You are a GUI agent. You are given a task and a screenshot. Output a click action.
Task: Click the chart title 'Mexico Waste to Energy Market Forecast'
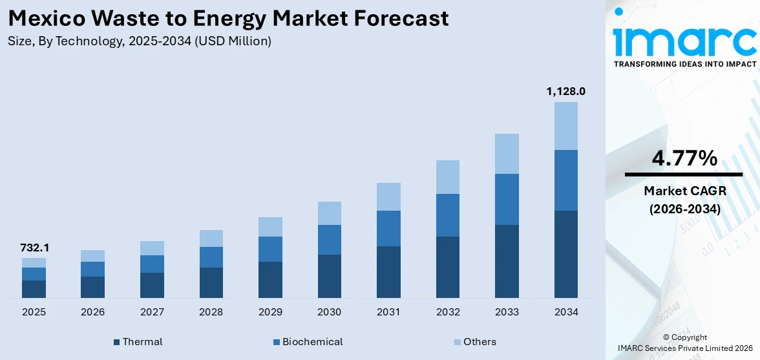pyautogui.click(x=229, y=18)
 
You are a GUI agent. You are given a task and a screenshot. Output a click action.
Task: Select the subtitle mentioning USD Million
pyautogui.click(x=140, y=41)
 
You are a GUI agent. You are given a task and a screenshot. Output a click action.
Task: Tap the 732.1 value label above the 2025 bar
pyautogui.click(x=34, y=248)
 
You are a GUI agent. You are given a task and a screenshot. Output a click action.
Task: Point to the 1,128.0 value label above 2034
pyautogui.click(x=565, y=91)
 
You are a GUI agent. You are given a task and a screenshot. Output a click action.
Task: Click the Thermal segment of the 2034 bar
pyautogui.click(x=565, y=254)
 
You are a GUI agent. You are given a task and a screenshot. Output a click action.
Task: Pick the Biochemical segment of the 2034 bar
pyautogui.click(x=565, y=180)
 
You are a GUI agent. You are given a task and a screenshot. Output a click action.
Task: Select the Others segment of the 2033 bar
pyautogui.click(x=507, y=154)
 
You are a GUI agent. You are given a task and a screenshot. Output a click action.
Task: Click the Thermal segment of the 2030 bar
pyautogui.click(x=329, y=276)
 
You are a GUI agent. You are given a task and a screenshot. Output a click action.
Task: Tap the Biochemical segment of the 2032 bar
pyautogui.click(x=447, y=215)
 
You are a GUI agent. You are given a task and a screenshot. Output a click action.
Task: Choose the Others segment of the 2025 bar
pyautogui.click(x=34, y=262)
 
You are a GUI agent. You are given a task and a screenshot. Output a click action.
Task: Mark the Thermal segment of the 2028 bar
pyautogui.click(x=211, y=282)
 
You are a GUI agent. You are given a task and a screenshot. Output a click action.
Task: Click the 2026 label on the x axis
pyautogui.click(x=93, y=312)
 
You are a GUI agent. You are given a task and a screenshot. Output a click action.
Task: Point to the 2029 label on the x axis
pyautogui.click(x=270, y=312)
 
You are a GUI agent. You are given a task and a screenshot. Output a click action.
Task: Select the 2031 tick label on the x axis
pyautogui.click(x=388, y=312)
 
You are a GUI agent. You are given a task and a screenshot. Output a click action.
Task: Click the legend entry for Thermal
pyautogui.click(x=138, y=341)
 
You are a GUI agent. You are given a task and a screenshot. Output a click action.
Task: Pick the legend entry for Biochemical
pyautogui.click(x=308, y=341)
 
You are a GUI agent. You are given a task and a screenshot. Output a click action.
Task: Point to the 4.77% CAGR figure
pyautogui.click(x=684, y=158)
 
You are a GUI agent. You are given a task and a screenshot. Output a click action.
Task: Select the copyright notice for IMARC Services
pyautogui.click(x=685, y=343)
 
